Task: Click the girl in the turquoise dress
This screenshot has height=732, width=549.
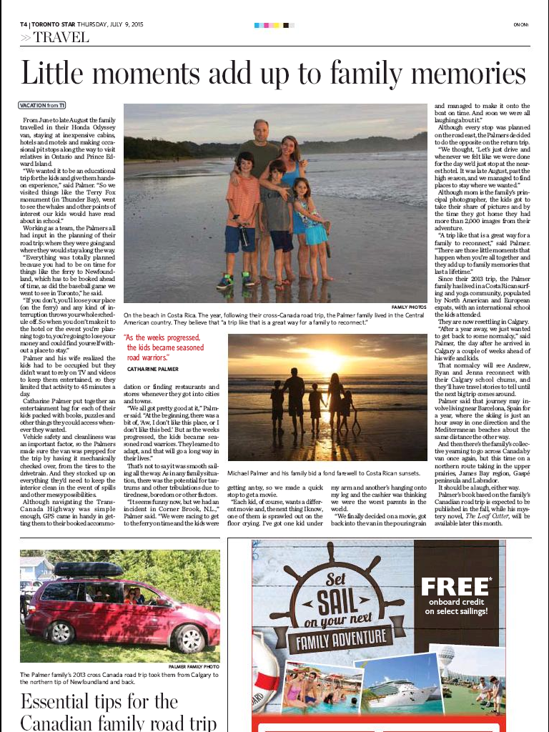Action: click(x=312, y=222)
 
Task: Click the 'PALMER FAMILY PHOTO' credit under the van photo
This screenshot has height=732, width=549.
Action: click(x=194, y=666)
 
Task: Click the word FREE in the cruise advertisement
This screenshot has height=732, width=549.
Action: click(x=455, y=588)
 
